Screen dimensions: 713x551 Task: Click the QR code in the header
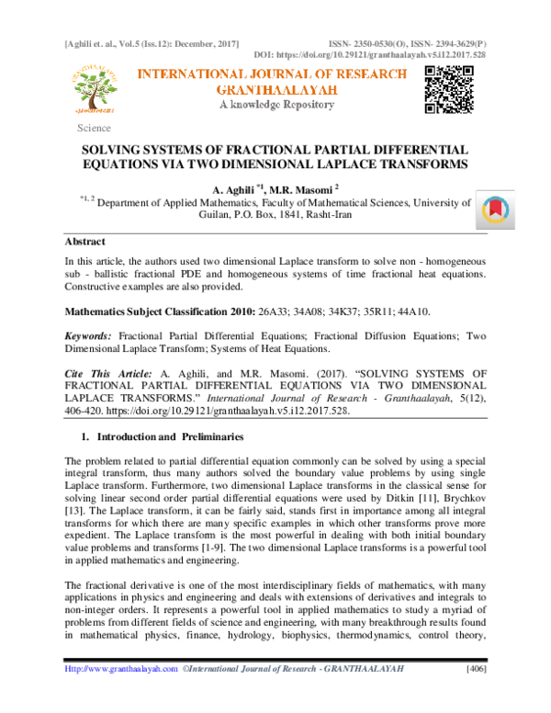448,90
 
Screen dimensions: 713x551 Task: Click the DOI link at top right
407,55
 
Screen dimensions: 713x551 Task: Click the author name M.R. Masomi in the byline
307,188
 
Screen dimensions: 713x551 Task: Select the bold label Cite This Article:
104,376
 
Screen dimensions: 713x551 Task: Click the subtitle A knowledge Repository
275,106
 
